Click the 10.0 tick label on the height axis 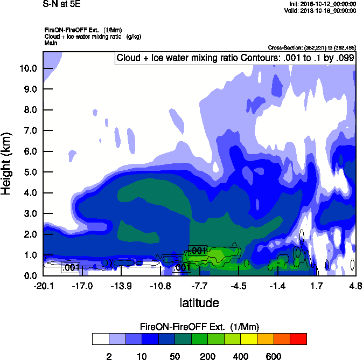click(29, 68)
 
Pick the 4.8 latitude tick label click(355, 285)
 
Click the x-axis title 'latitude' click(199, 303)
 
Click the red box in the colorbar click(298, 339)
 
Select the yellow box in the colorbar click(249, 339)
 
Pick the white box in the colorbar click(100, 339)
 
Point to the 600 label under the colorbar click(274, 356)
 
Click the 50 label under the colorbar click(175, 356)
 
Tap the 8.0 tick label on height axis click(30, 110)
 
